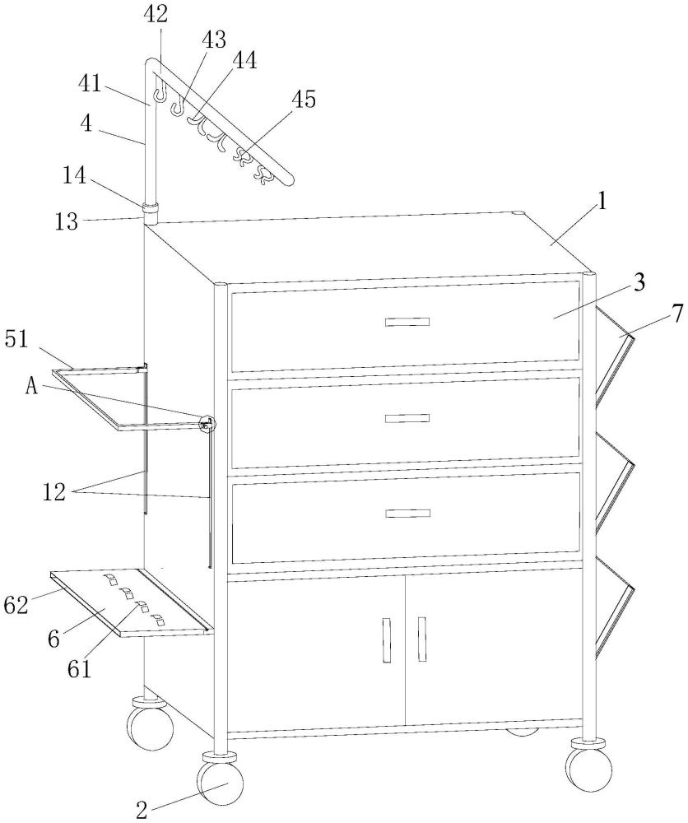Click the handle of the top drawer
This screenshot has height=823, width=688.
point(407,322)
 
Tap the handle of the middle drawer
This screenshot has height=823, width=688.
point(407,418)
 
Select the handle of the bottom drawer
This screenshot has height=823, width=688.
point(407,514)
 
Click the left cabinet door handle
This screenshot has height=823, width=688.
point(388,639)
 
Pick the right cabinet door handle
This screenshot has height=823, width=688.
point(422,639)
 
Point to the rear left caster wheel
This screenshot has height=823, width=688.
point(151,728)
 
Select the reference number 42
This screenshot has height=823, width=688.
point(156,14)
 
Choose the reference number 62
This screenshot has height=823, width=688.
point(16,606)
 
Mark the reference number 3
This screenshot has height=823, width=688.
point(638,282)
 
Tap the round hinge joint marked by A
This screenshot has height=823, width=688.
point(207,423)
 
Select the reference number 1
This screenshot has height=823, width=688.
point(602,202)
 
